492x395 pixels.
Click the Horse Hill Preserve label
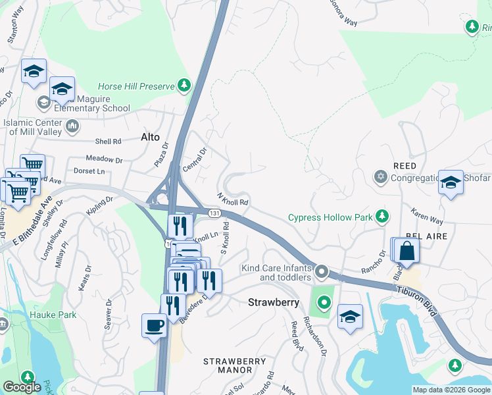click(135, 86)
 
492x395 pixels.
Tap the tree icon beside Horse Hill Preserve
click(185, 86)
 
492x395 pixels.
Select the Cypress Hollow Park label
click(331, 217)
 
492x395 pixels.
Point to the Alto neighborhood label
click(151, 137)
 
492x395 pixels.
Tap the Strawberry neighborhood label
click(274, 302)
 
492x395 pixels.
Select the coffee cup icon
click(155, 326)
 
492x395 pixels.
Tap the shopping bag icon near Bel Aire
click(407, 251)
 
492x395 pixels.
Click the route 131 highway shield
click(214, 213)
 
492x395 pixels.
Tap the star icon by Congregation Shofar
click(380, 177)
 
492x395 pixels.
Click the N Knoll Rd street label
click(232, 198)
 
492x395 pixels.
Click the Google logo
click(22, 387)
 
